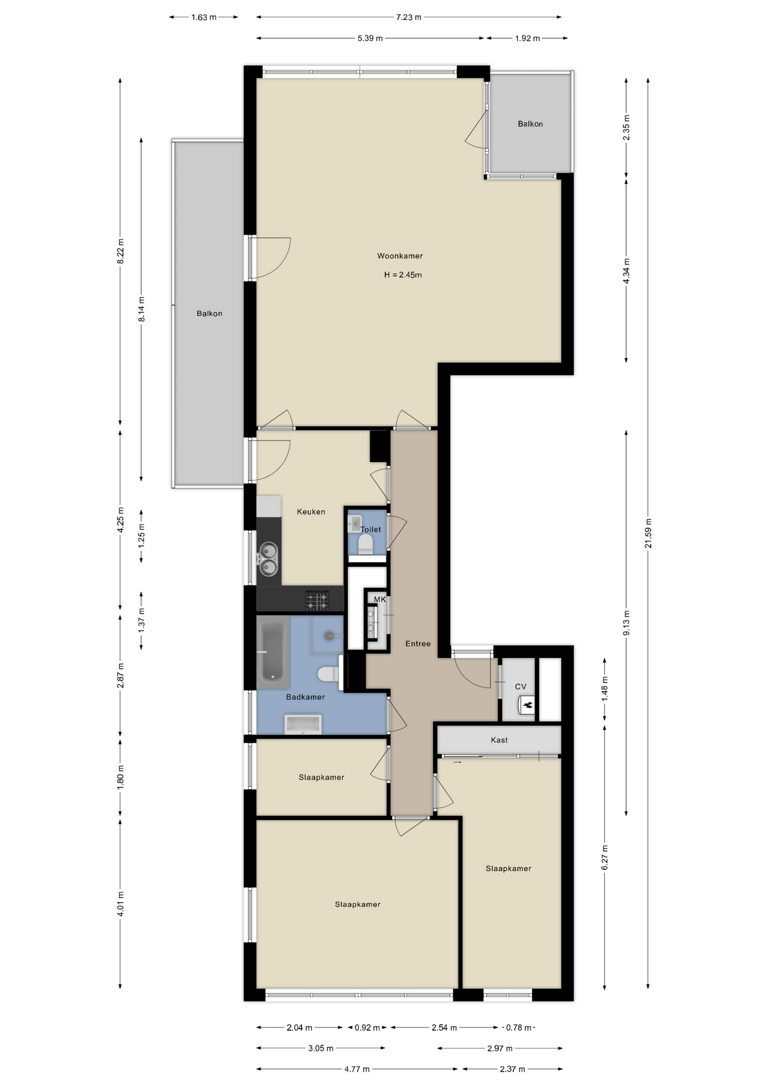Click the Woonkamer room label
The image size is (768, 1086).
click(x=400, y=256)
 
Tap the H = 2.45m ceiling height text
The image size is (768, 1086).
click(x=403, y=275)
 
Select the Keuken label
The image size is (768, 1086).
click(x=311, y=511)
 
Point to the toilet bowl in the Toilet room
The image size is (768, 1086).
click(x=365, y=544)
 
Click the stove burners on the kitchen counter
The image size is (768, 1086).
click(x=317, y=600)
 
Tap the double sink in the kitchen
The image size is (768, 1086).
click(x=269, y=558)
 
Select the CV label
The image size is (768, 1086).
click(x=520, y=687)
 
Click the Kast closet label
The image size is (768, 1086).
click(x=499, y=740)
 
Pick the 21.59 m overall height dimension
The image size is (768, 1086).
click(x=648, y=533)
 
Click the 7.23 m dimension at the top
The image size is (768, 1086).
click(x=408, y=17)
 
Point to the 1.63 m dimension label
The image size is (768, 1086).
click(x=204, y=17)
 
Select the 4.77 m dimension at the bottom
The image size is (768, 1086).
click(x=357, y=1069)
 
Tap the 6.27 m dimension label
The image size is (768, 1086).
click(x=605, y=857)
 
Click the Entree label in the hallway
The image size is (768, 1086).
click(x=418, y=644)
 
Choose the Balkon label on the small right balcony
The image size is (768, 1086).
click(x=530, y=124)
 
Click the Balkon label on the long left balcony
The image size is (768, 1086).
click(x=209, y=313)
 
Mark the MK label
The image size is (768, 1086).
click(x=379, y=600)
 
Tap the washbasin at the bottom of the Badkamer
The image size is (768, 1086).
click(x=303, y=724)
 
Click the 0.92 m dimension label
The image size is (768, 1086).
click(x=367, y=1027)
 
